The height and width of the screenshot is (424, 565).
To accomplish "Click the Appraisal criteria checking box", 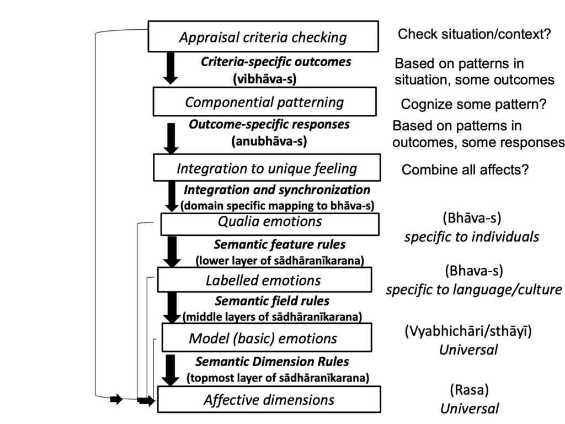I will (263, 37).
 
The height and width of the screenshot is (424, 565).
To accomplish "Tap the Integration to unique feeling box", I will (266, 168).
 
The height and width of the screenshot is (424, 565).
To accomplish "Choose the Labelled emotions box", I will (264, 279).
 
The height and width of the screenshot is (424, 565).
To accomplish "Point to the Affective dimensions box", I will (269, 399).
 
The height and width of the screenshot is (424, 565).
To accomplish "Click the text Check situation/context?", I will (475, 34).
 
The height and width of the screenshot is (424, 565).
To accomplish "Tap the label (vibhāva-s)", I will (265, 79).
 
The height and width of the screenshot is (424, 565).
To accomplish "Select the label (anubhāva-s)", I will (269, 141).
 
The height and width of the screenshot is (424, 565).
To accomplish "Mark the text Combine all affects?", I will (465, 169).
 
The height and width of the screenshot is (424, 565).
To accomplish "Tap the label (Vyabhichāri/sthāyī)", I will (468, 332).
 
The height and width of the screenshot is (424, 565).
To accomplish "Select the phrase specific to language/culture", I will (474, 289).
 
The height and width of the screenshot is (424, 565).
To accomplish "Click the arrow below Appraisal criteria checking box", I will (171, 68).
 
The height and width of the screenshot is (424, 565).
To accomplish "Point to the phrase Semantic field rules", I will (272, 301).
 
